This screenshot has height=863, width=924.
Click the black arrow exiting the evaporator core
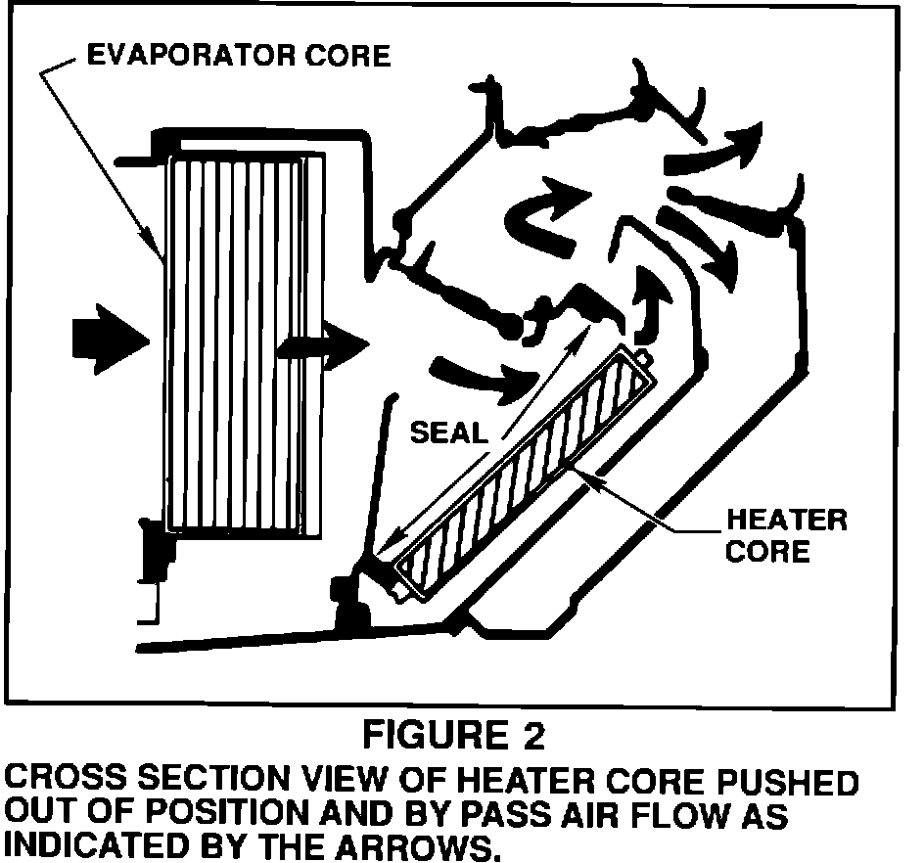[322, 344]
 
